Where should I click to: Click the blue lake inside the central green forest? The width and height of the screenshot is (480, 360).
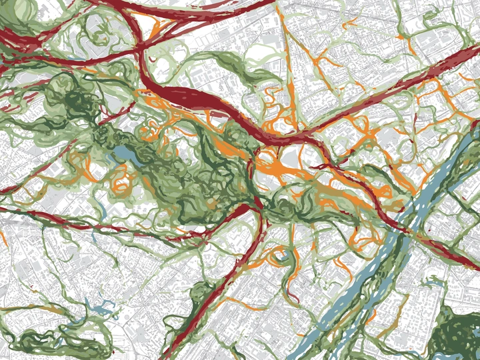(x=125, y=157)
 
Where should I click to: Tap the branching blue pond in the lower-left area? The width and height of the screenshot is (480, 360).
(x=100, y=309)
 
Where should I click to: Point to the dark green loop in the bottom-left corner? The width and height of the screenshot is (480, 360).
(x=40, y=340)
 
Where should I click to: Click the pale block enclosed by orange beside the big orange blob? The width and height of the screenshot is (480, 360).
(x=293, y=157)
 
